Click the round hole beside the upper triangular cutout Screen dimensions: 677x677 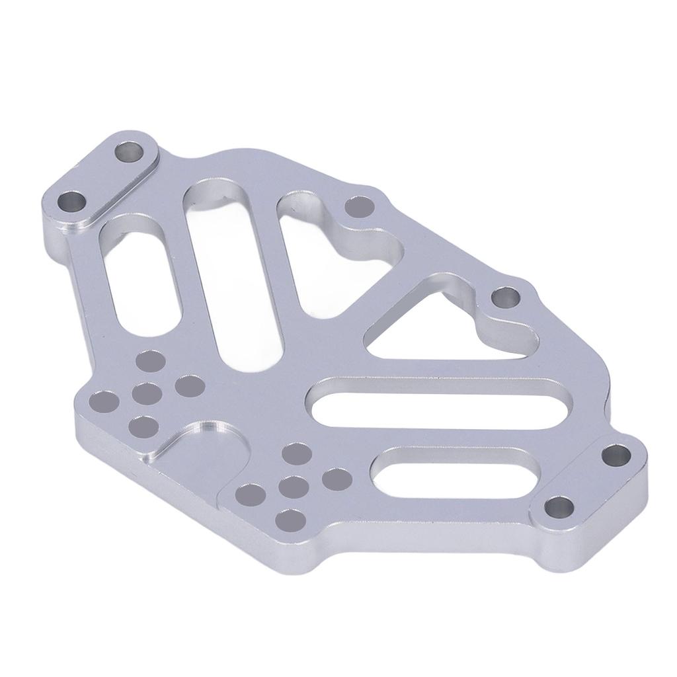click(x=361, y=208)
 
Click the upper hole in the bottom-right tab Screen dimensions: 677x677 click(x=617, y=456)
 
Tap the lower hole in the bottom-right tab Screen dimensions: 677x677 click(x=561, y=508)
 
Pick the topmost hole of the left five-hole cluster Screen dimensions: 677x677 click(x=151, y=361)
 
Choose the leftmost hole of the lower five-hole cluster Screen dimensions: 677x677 click(x=250, y=493)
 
